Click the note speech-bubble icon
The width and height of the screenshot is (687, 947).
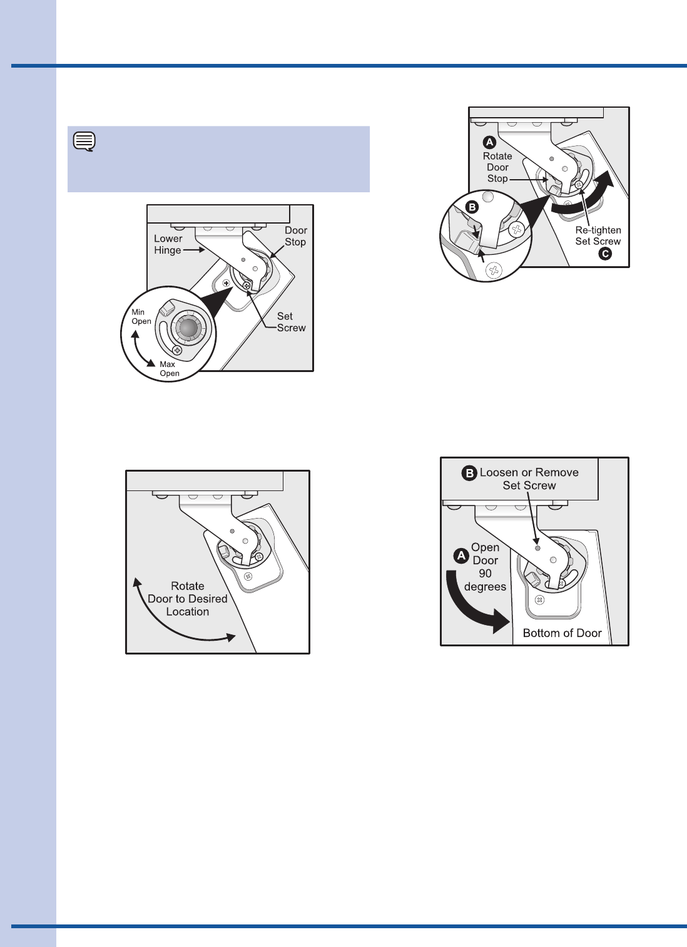click(x=84, y=142)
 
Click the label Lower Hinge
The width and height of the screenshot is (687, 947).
click(x=168, y=244)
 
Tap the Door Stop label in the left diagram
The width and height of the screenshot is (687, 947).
click(x=295, y=236)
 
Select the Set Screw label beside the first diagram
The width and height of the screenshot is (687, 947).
click(x=292, y=322)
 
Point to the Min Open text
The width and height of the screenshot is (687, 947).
click(x=141, y=316)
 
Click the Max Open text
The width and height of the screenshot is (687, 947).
click(x=170, y=369)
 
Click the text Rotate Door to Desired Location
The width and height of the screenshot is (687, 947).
click(x=188, y=599)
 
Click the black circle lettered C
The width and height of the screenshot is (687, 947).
click(x=605, y=254)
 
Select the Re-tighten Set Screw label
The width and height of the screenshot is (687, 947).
click(x=598, y=235)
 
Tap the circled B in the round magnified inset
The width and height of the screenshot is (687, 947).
click(x=472, y=207)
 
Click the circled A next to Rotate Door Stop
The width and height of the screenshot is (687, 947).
click(x=489, y=142)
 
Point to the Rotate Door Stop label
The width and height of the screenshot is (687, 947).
click(x=497, y=167)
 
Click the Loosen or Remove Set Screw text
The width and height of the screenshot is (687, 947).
click(x=529, y=479)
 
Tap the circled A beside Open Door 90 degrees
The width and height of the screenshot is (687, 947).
click(x=461, y=556)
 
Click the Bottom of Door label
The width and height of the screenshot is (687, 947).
click(x=562, y=633)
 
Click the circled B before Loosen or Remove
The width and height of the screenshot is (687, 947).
click(x=469, y=473)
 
